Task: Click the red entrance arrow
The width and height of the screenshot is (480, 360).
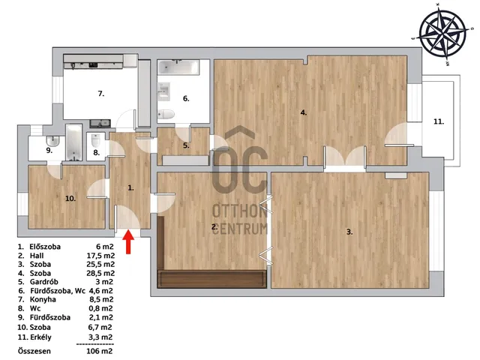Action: click(129, 242)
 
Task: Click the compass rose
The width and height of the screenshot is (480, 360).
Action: click(443, 33)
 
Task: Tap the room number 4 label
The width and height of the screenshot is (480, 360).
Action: click(303, 112)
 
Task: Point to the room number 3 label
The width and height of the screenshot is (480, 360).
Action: click(349, 232)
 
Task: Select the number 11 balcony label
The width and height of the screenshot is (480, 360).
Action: click(439, 121)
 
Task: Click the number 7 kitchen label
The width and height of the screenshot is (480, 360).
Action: click(101, 94)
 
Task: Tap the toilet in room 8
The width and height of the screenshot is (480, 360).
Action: click(96, 140)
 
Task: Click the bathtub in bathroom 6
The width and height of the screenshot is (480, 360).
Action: click(178, 67)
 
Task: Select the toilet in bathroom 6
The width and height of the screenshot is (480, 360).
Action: click(166, 114)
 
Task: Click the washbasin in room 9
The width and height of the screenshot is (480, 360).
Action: click(52, 141)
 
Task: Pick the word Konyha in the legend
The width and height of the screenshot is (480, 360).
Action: click(43, 299)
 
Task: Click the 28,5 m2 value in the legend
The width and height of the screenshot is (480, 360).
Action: click(100, 273)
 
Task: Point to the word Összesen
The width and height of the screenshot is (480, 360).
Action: click(34, 351)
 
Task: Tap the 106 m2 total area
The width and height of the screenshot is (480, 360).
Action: click(100, 351)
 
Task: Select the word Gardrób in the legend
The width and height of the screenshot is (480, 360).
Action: click(43, 282)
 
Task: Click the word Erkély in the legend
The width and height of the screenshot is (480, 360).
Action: click(40, 337)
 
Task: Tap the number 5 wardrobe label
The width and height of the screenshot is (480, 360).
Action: click(186, 145)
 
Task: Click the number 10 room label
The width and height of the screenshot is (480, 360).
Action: click(70, 199)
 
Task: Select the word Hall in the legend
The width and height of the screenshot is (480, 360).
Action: click(37, 256)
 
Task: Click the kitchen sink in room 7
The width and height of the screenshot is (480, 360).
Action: click(100, 124)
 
